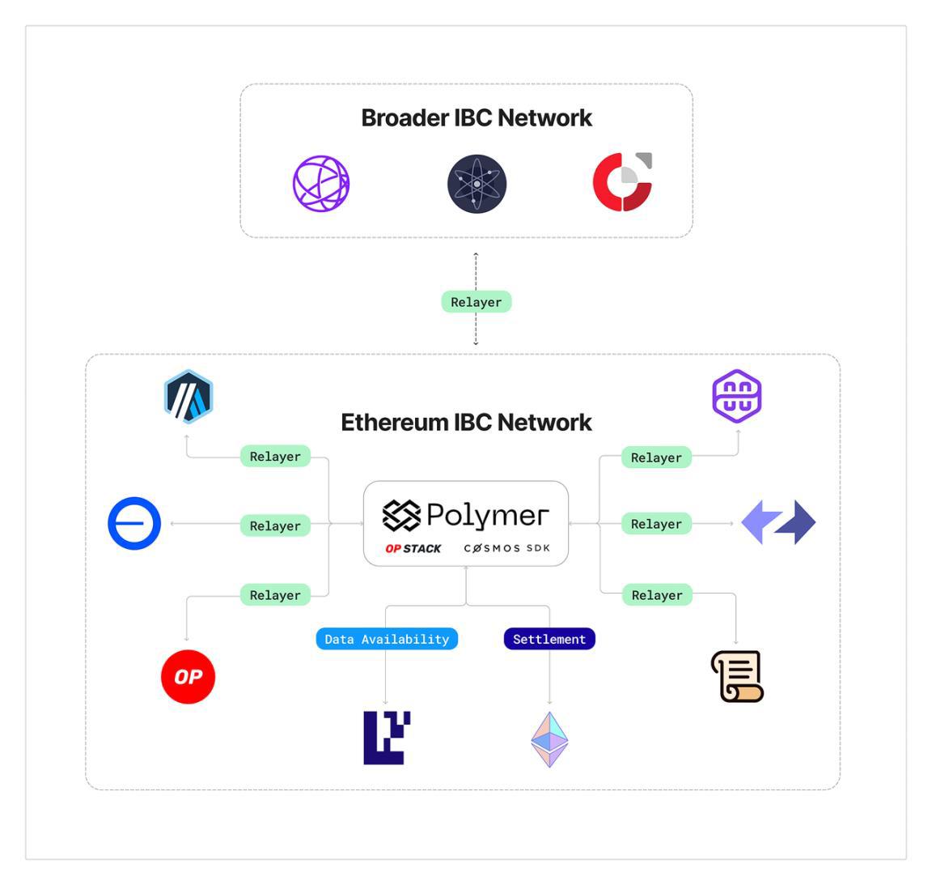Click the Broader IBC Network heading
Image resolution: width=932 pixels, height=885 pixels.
coord(476,118)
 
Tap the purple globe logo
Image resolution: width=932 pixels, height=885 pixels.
coord(321,184)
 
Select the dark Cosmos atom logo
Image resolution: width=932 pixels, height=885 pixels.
coord(477,184)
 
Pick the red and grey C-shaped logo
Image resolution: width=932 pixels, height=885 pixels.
coord(621,182)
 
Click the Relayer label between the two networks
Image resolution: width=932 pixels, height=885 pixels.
coord(476,302)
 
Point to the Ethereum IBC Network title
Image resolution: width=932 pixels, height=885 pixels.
coord(466,423)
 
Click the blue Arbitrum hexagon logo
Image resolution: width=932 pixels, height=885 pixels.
coord(189,397)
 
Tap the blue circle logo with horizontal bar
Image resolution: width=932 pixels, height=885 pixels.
coord(134,523)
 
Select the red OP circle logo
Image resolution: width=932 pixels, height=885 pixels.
coord(188,676)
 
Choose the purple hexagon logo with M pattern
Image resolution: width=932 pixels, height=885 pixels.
coord(736,396)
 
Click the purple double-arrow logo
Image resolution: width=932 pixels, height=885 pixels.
coord(778,522)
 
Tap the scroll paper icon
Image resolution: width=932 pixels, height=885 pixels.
coord(737,676)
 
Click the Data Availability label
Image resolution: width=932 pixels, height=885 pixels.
coord(387,639)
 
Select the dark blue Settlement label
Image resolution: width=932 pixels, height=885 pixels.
coord(549,639)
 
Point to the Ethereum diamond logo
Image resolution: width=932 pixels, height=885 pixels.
coord(549,739)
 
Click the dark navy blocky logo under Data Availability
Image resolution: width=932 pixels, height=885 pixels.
coord(386,738)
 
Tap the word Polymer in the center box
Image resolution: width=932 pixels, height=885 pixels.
coord(487,515)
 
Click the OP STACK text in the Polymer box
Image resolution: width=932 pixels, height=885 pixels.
coord(413,548)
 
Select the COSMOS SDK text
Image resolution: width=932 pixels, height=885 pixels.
coord(507,548)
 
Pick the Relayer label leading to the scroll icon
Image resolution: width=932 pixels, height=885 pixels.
coord(657,595)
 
